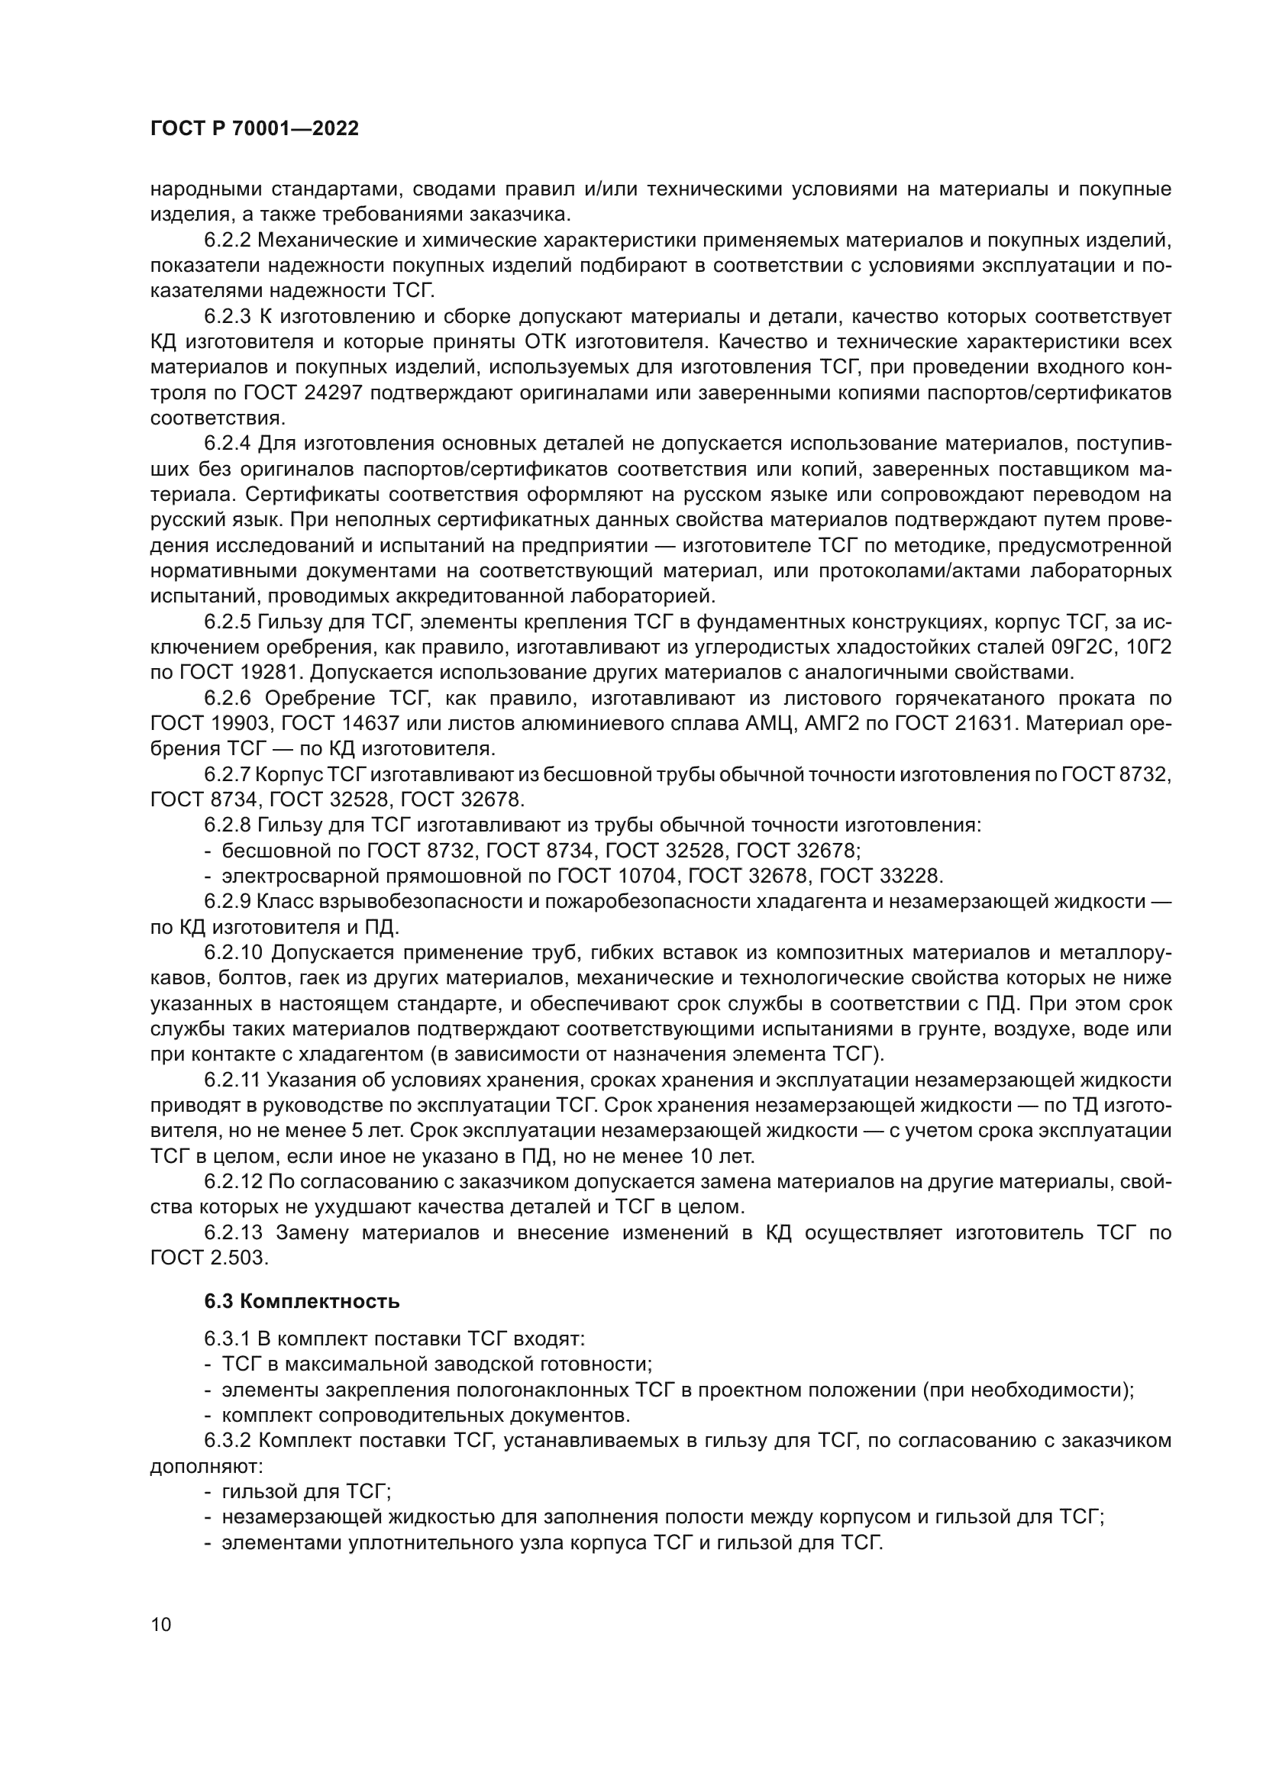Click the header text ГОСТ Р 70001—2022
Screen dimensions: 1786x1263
click(x=254, y=129)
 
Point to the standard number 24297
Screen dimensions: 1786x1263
click(x=330, y=392)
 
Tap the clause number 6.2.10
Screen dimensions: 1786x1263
click(x=235, y=953)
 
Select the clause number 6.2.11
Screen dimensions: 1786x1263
click(x=234, y=1080)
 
